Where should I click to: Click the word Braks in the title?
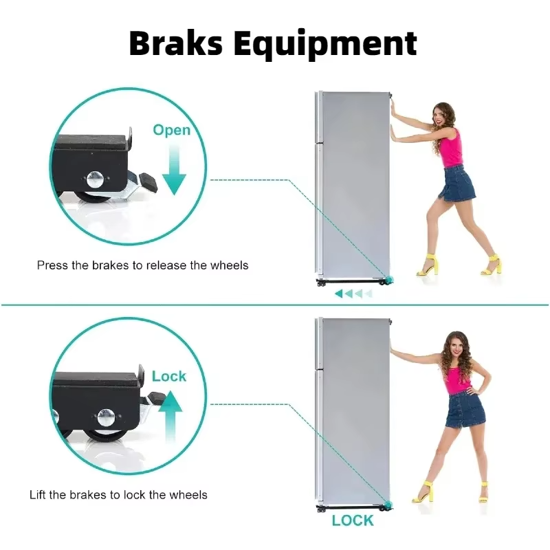(x=176, y=43)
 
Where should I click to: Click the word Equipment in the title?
(x=325, y=45)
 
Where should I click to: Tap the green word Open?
(x=171, y=131)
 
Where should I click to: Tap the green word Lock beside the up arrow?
(x=168, y=376)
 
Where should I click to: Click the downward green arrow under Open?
(x=174, y=170)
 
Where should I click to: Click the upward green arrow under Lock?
(x=170, y=417)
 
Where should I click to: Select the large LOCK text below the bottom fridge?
(x=353, y=520)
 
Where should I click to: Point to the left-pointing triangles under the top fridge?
(x=353, y=294)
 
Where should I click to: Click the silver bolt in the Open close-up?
(x=95, y=179)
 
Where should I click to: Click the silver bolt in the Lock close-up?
(x=106, y=417)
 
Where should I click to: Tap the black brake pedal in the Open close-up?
(x=148, y=182)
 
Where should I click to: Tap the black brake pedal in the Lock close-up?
(x=157, y=398)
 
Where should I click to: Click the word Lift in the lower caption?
(x=37, y=494)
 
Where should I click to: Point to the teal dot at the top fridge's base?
(x=389, y=280)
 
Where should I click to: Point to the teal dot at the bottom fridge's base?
(x=388, y=505)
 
